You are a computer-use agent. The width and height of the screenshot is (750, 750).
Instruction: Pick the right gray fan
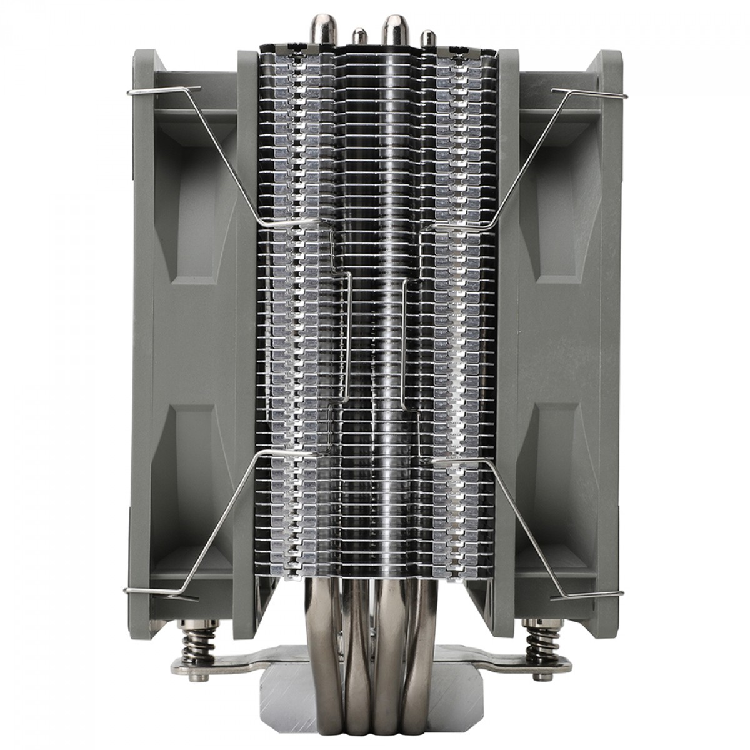562,312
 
